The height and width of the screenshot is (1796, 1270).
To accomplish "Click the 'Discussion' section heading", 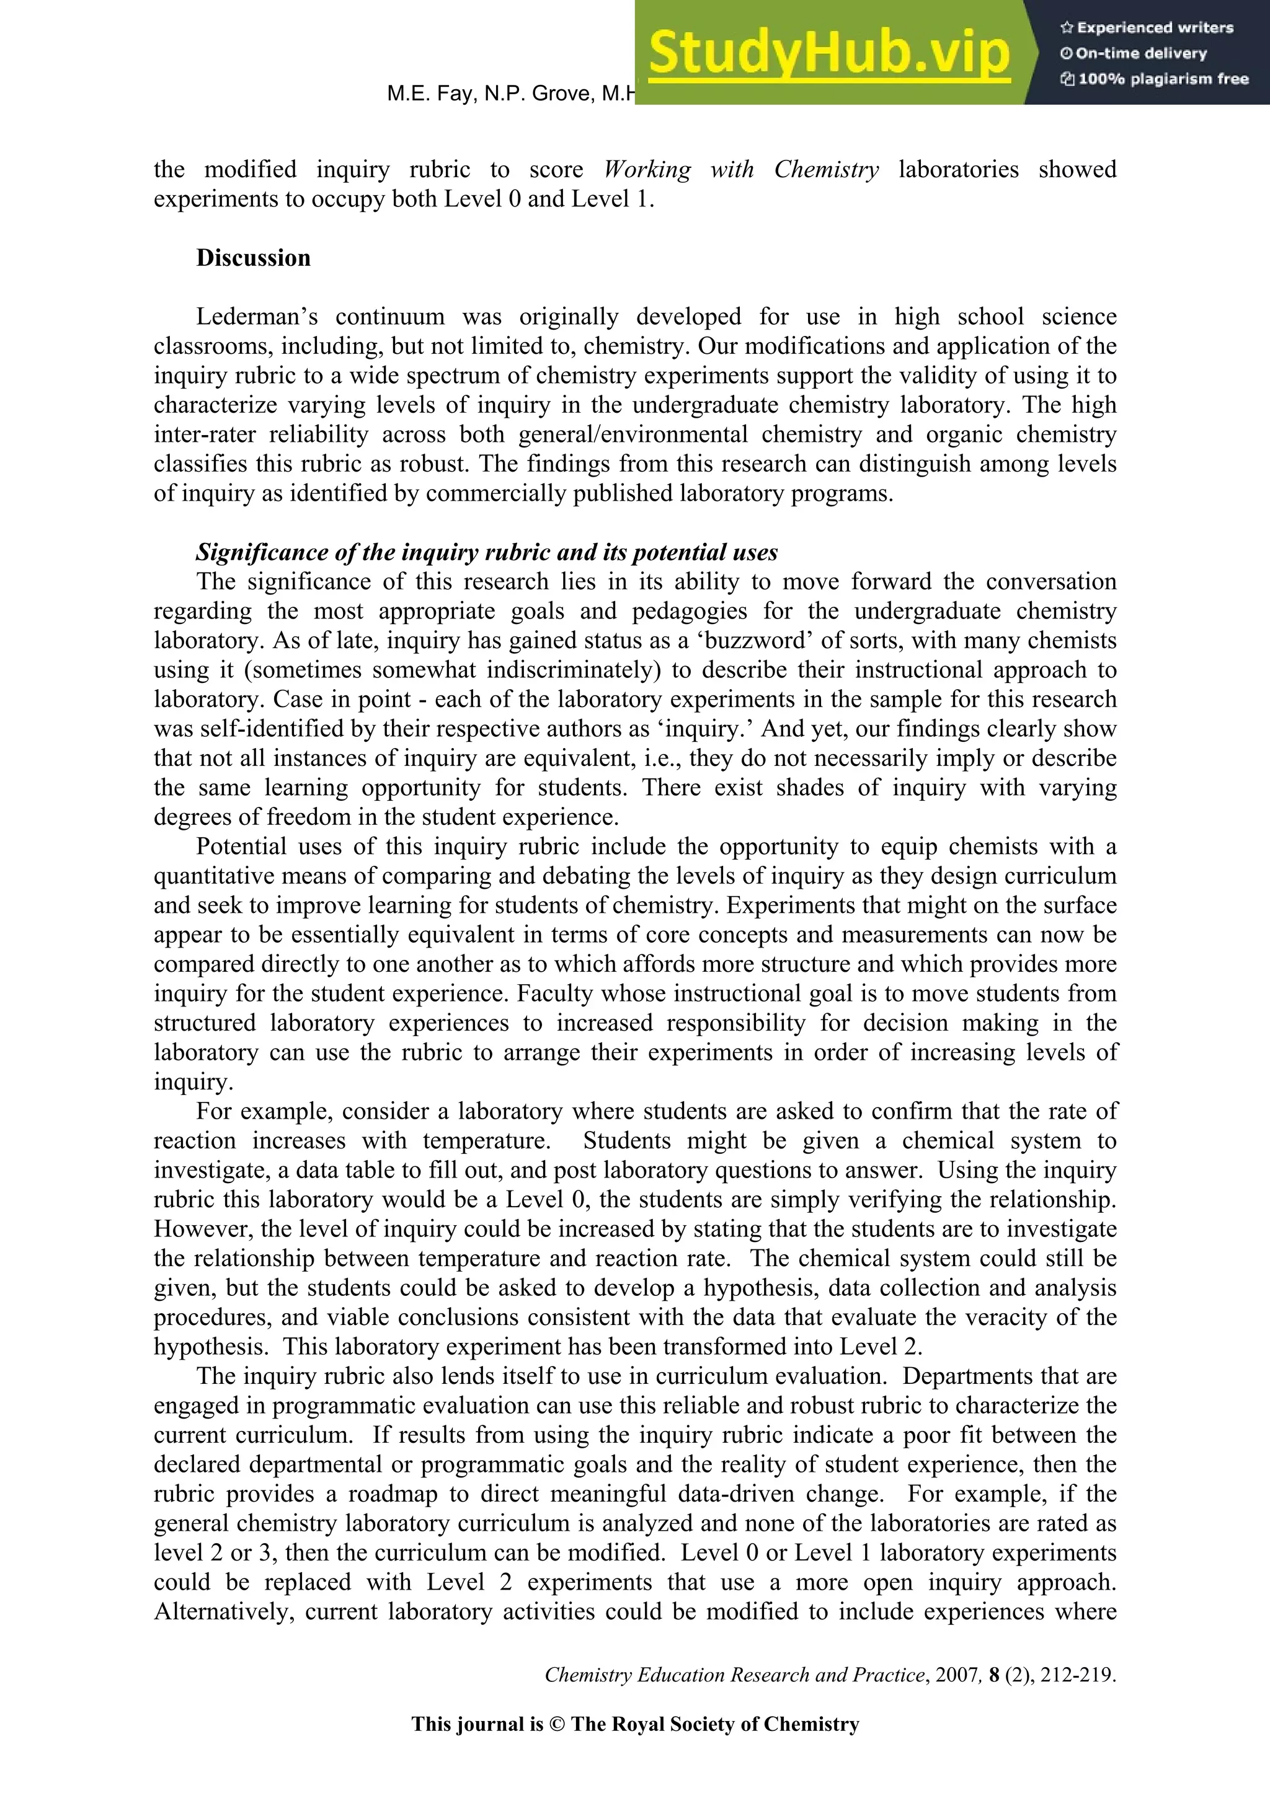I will pyautogui.click(x=253, y=258).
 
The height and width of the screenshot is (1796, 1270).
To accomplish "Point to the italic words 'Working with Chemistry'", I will pyautogui.click(x=741, y=170).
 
